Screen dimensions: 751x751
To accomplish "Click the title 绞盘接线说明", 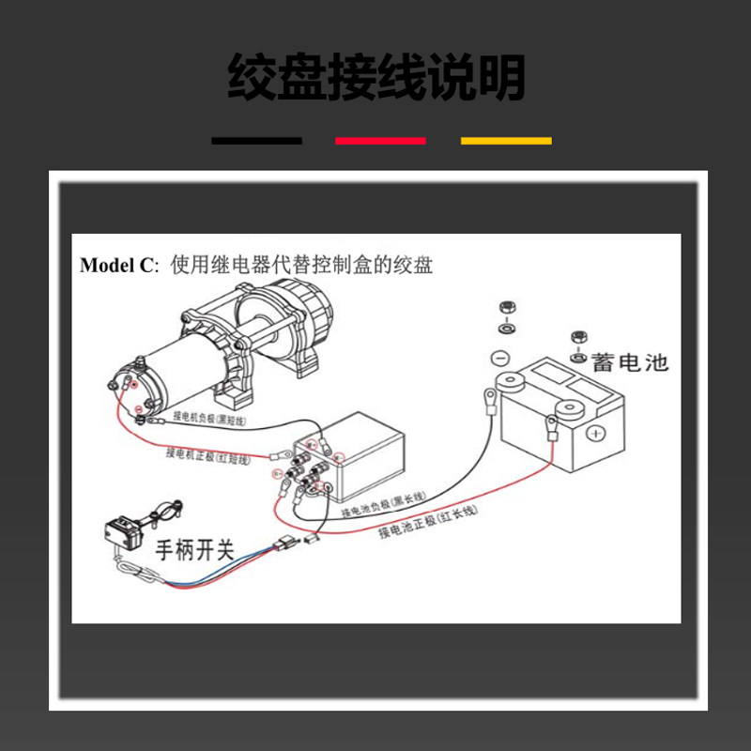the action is click(x=375, y=77).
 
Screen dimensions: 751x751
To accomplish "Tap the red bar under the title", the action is click(x=380, y=141).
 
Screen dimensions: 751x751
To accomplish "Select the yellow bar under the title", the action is click(x=506, y=141).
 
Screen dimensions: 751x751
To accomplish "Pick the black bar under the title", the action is click(x=256, y=141).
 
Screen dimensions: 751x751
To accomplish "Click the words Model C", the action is click(x=115, y=265).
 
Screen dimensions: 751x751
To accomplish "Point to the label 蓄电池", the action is click(x=631, y=360).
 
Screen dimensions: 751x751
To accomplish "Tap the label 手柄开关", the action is click(x=193, y=549).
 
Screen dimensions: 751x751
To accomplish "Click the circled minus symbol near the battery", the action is click(x=500, y=358).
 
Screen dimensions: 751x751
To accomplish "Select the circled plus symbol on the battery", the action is click(x=597, y=434).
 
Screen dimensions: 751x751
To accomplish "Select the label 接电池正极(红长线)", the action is click(x=427, y=522).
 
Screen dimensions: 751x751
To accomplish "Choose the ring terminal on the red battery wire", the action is click(x=551, y=434).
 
